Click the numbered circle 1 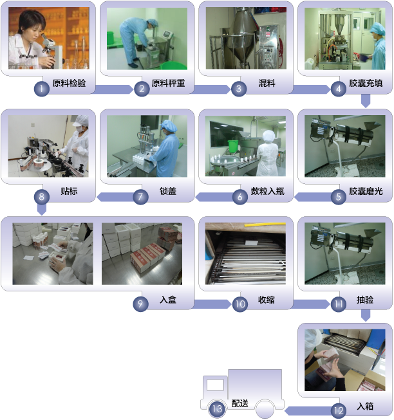point(42,89)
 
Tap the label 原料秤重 point(168,84)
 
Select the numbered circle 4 point(339,89)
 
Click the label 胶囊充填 point(366,84)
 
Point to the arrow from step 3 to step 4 point(312,89)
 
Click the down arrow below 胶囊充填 point(366,101)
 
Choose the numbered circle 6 point(240,197)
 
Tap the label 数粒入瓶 point(267,191)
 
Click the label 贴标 point(69,191)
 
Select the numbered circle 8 point(42,197)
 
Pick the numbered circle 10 point(240,304)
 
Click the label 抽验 point(365,300)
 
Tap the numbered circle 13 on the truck point(217,409)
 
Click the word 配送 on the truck point(240,403)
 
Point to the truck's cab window point(215,385)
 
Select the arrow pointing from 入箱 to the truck point(308,411)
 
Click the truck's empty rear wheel point(265,409)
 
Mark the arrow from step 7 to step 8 point(116,197)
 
